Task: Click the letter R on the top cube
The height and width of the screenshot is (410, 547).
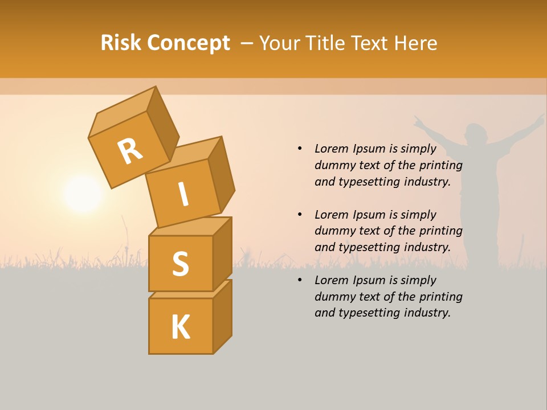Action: (130, 151)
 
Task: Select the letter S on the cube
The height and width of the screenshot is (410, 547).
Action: (180, 264)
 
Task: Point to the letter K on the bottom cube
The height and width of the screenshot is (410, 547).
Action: (181, 327)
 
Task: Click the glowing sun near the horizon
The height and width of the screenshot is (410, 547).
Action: (83, 195)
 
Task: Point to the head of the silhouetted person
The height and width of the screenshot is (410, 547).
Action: (476, 135)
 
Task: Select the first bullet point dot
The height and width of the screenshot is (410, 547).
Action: (300, 149)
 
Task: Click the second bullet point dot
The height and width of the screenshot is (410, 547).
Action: (300, 215)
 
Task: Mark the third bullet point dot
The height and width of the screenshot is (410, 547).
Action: (300, 280)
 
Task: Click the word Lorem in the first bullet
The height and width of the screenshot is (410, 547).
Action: (331, 149)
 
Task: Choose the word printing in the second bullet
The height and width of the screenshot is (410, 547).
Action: (440, 231)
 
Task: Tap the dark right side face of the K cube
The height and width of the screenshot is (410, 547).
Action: (222, 316)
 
